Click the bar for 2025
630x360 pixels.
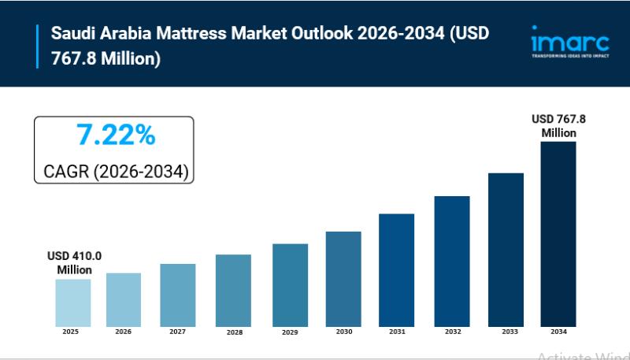pos(72,302)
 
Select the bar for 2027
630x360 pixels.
pos(177,295)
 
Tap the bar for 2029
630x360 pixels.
pos(290,284)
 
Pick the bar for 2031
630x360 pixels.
pos(396,269)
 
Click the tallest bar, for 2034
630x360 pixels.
pos(558,234)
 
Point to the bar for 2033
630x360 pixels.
pos(506,250)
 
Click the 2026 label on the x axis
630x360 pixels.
pos(124,332)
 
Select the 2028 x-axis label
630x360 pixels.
pos(233,332)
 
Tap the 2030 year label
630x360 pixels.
pos(343,332)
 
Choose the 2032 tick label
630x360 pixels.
pos(452,332)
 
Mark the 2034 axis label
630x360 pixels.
pos(558,332)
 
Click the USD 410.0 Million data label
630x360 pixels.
pos(74,263)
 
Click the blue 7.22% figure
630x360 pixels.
pos(115,135)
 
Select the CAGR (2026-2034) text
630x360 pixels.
pos(114,171)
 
